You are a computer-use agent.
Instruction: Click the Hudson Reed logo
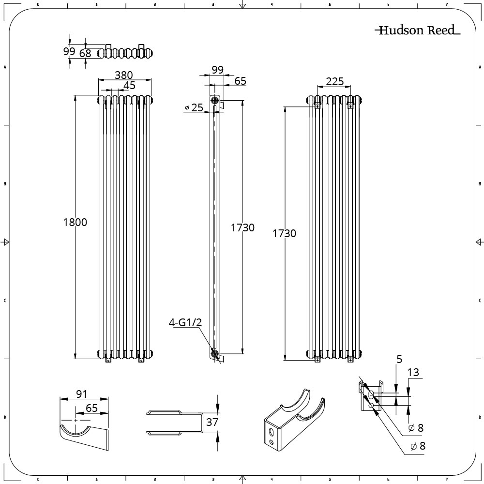click(417, 30)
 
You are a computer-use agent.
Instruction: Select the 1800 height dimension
click(75, 222)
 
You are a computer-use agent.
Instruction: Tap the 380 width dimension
click(124, 75)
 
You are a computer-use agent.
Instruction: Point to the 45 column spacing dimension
click(130, 85)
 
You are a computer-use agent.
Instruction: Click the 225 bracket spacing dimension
click(335, 81)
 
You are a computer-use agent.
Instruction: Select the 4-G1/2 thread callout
click(185, 322)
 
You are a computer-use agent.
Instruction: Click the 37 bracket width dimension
click(212, 422)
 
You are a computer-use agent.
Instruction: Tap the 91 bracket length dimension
click(81, 394)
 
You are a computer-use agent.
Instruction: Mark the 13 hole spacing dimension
click(413, 373)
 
